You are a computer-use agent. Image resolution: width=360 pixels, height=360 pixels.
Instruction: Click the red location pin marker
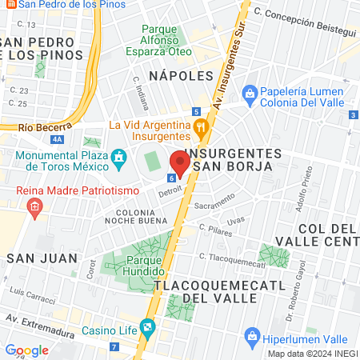pos(180,162)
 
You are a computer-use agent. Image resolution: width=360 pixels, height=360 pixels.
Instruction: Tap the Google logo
pos(26,350)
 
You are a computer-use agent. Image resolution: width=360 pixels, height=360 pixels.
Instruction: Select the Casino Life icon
pos(147,326)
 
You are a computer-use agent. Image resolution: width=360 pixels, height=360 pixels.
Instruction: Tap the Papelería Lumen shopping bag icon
pos(250,94)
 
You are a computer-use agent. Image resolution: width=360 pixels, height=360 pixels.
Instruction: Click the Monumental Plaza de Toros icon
pos(118,155)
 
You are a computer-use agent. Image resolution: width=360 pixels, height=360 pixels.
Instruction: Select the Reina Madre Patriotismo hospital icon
pos(34,207)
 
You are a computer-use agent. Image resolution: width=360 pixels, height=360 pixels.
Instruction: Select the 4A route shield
pos(56,138)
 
